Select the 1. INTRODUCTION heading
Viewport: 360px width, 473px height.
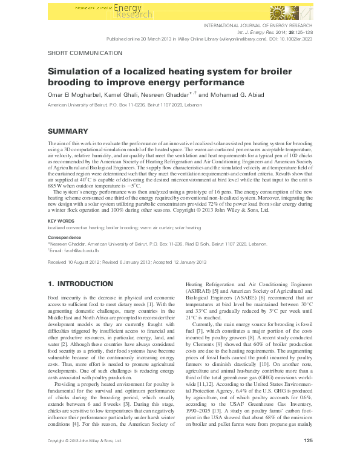tap(80, 284)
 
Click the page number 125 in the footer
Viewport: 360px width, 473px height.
tap(308, 457)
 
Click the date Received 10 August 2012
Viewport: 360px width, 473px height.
tap(76, 262)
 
